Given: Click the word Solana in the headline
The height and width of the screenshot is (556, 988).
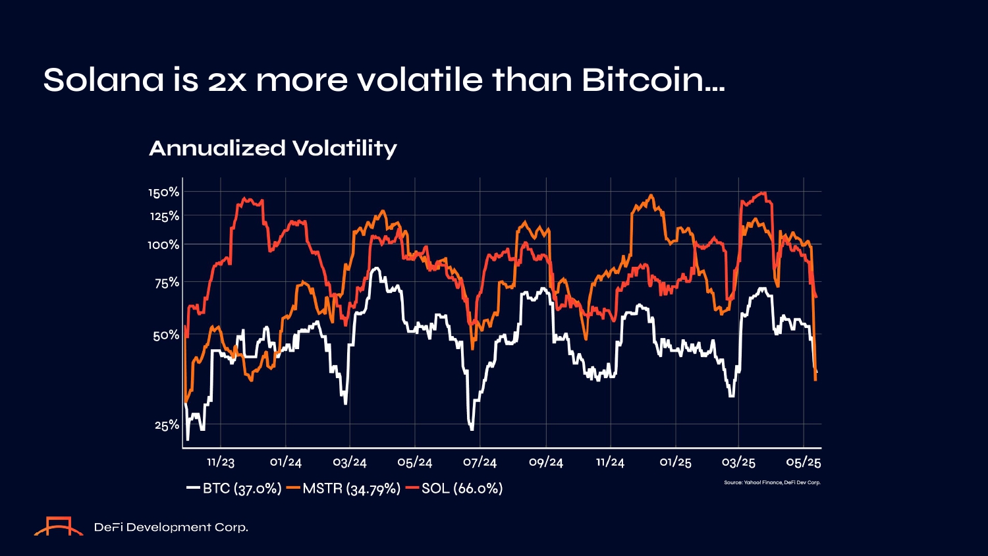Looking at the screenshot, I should (103, 80).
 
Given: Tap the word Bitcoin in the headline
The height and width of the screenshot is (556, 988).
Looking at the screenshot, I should (653, 80).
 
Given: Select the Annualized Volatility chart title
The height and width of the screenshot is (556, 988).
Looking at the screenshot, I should (273, 148).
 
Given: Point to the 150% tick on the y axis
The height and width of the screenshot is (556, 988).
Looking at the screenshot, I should (163, 192).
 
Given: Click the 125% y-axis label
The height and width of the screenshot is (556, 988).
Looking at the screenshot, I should (164, 216).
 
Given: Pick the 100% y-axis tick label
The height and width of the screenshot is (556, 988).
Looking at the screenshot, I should (163, 245).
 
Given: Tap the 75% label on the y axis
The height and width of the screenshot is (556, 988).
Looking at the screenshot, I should (167, 283).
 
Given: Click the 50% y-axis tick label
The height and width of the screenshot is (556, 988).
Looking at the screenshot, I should (166, 335).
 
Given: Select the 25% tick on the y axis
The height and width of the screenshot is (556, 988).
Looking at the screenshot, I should (167, 426).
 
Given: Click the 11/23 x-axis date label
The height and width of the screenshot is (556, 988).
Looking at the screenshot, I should (221, 462).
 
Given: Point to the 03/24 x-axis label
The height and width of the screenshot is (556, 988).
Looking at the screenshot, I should (350, 462).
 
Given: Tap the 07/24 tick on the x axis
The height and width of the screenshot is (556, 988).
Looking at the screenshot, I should (480, 462).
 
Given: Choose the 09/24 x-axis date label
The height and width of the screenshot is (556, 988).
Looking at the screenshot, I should (546, 462).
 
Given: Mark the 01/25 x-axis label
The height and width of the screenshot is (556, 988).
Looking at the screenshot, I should (675, 462).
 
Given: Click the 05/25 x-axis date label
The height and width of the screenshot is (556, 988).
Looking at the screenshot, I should (804, 462).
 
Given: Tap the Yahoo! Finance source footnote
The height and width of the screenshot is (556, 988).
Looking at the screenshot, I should (772, 483).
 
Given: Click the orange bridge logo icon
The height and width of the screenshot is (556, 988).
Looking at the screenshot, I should (59, 527).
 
